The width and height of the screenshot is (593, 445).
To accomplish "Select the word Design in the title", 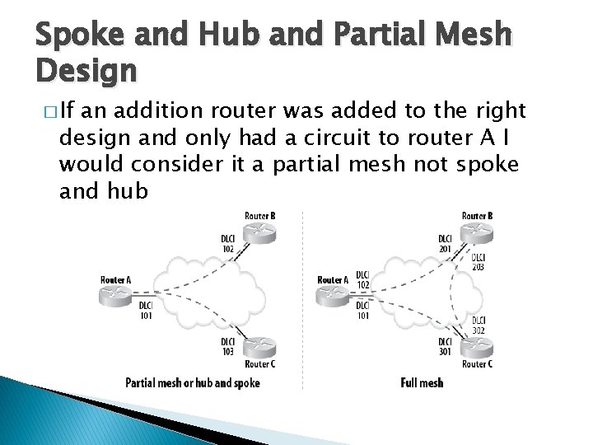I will [86, 73].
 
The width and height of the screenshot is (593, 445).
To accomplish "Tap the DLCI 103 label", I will [227, 346].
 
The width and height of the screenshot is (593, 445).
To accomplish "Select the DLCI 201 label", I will [446, 244].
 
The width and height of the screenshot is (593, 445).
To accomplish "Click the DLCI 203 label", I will [479, 261].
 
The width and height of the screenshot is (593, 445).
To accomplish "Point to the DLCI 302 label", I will [479, 325].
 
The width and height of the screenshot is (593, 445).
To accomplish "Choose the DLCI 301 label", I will [446, 346].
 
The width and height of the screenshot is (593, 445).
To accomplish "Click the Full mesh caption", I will [422, 382].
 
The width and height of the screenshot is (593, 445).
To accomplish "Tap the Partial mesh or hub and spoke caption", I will [192, 382].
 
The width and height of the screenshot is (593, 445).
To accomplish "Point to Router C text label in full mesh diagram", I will [477, 364].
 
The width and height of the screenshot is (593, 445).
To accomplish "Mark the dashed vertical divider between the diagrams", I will [303, 297].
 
